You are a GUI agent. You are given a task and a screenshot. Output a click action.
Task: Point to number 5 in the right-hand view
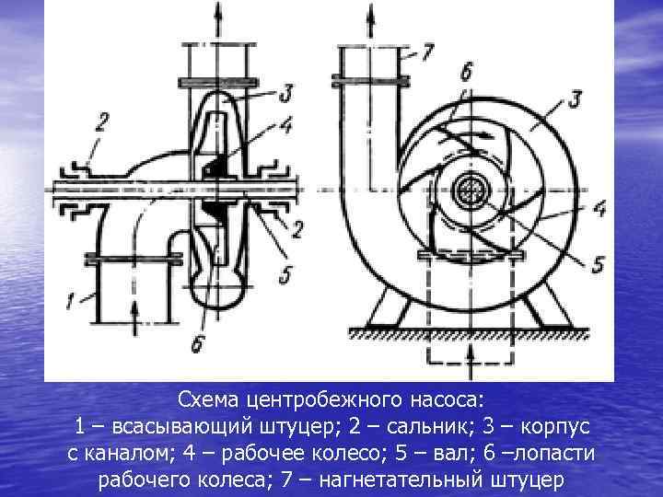[x=597, y=265]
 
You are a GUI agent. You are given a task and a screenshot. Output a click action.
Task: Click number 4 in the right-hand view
[x=599, y=209]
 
